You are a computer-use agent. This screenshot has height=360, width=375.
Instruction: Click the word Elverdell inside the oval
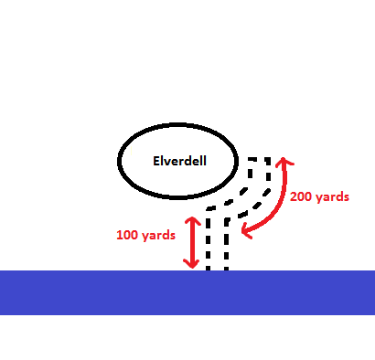(x=179, y=160)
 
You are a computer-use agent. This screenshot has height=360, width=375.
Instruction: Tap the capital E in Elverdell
(x=155, y=160)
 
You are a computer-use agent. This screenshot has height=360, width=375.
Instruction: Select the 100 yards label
(x=145, y=235)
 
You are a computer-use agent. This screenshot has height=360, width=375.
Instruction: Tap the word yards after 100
(x=159, y=235)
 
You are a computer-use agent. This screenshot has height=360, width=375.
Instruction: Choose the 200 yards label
(x=318, y=196)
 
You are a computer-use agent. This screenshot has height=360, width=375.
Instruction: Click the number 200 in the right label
(x=302, y=196)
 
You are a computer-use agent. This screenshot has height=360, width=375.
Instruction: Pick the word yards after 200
(x=332, y=196)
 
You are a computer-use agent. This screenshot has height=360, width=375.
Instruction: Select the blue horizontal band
(x=187, y=291)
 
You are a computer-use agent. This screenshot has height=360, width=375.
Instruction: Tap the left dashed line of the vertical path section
(x=209, y=242)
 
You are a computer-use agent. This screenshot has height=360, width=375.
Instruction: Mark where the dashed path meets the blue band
(x=218, y=270)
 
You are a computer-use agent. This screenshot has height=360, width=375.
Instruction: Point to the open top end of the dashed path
(x=260, y=160)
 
